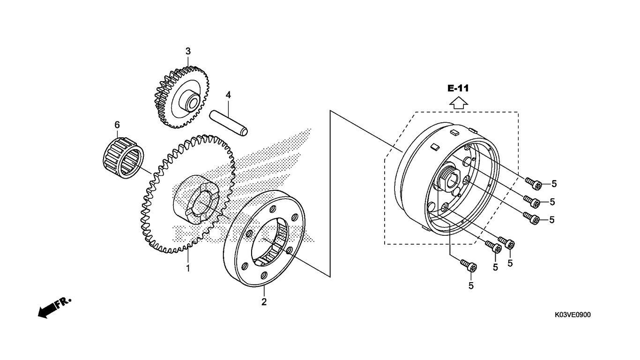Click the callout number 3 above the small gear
coord(188,52)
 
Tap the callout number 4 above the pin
coord(228,95)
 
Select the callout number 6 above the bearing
coord(117,125)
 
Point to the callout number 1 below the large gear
coord(188,269)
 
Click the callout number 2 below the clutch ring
coord(264,302)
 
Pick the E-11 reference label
coord(458,88)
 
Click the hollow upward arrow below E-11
coord(459,103)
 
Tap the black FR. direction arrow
coord(54,308)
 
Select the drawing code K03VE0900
coord(573,315)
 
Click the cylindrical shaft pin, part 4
coord(229,123)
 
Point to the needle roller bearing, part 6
coord(123,157)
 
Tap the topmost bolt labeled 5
coord(533,183)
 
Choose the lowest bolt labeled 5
coord(468,266)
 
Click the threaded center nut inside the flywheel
coord(449,178)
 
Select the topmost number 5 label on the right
coord(554,184)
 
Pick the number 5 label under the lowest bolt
coord(471,285)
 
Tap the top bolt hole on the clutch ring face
coord(273,209)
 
